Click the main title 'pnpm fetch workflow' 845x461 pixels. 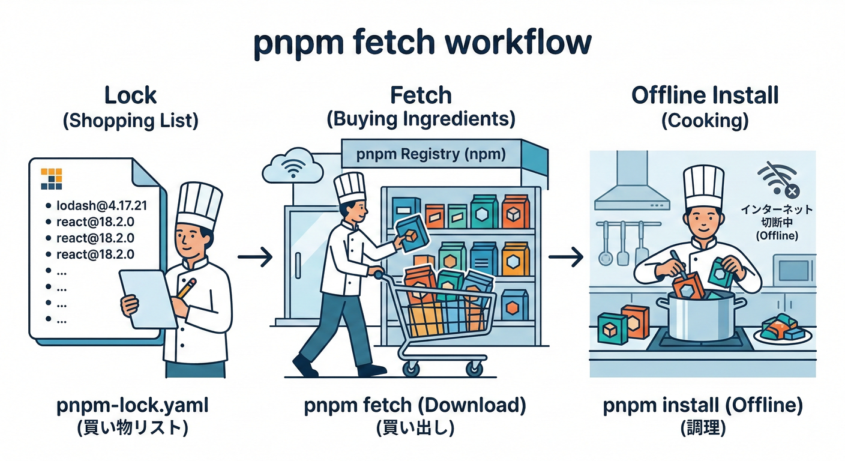point(422,43)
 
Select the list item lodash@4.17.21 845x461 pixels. point(101,206)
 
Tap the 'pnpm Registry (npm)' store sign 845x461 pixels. point(430,154)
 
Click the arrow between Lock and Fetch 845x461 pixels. point(254,258)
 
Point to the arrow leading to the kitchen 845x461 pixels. point(565,258)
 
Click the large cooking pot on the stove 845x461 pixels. point(700,318)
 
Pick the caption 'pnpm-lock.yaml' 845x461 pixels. point(132,406)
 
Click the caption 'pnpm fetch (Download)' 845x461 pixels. point(415,406)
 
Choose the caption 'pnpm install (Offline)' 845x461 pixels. point(703,406)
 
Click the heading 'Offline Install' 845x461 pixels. point(705,95)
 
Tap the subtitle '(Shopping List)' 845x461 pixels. point(130,121)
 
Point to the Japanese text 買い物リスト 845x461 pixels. point(132,428)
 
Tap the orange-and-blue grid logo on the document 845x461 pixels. point(52,178)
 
